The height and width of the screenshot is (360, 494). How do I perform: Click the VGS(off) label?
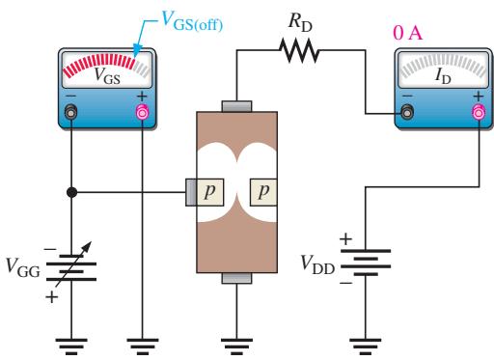pyautogui.click(x=192, y=21)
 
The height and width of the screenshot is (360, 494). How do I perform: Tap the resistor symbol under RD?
pyautogui.click(x=299, y=50)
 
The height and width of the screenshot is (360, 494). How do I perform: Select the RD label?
pyautogui.click(x=300, y=22)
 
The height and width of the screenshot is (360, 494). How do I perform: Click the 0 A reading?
pyautogui.click(x=407, y=33)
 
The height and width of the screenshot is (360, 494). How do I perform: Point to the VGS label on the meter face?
pyautogui.click(x=107, y=76)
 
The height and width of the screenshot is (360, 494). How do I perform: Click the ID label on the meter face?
pyautogui.click(x=443, y=76)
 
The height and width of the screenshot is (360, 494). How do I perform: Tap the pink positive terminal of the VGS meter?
pyautogui.click(x=143, y=112)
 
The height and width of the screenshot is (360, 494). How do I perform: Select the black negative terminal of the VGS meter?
pyautogui.click(x=71, y=112)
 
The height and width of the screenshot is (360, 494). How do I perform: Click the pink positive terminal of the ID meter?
pyautogui.click(x=479, y=112)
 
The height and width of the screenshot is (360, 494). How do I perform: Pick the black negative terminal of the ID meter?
pyautogui.click(x=407, y=112)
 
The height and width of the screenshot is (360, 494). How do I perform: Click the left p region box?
pyautogui.click(x=209, y=192)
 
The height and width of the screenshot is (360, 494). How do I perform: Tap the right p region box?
pyautogui.click(x=263, y=192)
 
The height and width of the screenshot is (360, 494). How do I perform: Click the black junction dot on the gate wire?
pyautogui.click(x=71, y=192)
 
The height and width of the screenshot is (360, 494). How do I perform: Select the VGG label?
pyautogui.click(x=23, y=267)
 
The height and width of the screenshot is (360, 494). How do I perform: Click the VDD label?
pyautogui.click(x=317, y=264)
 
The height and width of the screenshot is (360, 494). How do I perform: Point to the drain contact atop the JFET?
pyautogui.click(x=236, y=106)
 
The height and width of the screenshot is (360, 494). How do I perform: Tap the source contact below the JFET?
pyautogui.click(x=236, y=278)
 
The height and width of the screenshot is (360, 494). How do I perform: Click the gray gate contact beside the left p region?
pyautogui.click(x=191, y=192)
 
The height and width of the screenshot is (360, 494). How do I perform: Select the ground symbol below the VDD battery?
pyautogui.click(x=366, y=346)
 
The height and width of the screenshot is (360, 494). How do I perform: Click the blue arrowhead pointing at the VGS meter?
pyautogui.click(x=138, y=50)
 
